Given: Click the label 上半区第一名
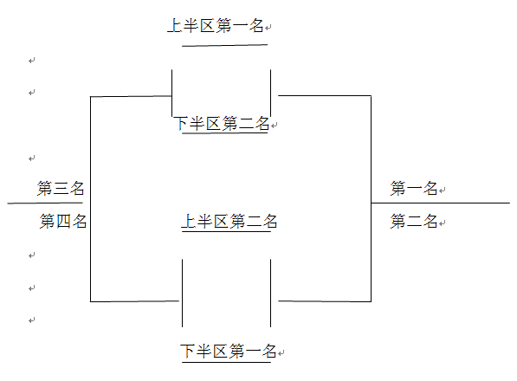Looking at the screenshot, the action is click(x=216, y=25).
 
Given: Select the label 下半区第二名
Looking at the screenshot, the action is click(x=222, y=124).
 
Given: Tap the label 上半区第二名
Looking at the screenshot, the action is click(x=229, y=221).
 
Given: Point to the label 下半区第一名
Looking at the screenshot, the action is click(x=228, y=351).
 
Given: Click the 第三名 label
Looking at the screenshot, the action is click(x=61, y=188).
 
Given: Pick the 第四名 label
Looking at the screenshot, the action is click(x=63, y=221).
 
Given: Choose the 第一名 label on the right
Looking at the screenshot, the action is click(x=414, y=189).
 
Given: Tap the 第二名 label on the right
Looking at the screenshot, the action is click(x=414, y=221).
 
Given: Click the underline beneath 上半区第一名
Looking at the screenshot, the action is click(x=224, y=45).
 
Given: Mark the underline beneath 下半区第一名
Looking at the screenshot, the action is click(x=226, y=363).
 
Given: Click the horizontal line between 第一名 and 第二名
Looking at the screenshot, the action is click(x=441, y=203).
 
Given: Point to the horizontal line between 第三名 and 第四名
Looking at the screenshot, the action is click(x=45, y=203).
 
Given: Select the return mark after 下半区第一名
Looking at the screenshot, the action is click(x=281, y=353).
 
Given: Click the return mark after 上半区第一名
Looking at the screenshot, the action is click(x=268, y=28).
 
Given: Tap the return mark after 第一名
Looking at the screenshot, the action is click(x=443, y=190).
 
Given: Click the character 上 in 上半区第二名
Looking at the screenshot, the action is click(x=189, y=221).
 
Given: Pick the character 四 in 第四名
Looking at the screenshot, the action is click(x=63, y=221).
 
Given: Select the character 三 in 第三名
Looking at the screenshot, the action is click(x=61, y=188).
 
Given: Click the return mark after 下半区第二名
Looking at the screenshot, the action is click(x=275, y=126).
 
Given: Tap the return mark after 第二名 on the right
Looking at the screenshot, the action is click(x=443, y=223).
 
